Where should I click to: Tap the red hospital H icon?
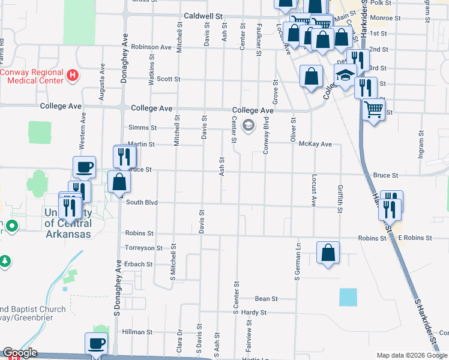(73, 76)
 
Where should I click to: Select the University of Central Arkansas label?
(67, 223)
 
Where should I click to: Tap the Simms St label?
(142, 127)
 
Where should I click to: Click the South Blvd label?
(142, 202)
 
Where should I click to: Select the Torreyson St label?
(143, 248)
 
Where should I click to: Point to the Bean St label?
(266, 298)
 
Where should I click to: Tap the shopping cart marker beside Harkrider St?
(373, 110)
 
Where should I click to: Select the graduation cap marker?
(345, 76)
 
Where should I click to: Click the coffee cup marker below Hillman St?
(96, 344)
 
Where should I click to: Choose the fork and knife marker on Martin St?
(125, 157)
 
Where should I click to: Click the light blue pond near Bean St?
(347, 297)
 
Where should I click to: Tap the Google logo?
(19, 353)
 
